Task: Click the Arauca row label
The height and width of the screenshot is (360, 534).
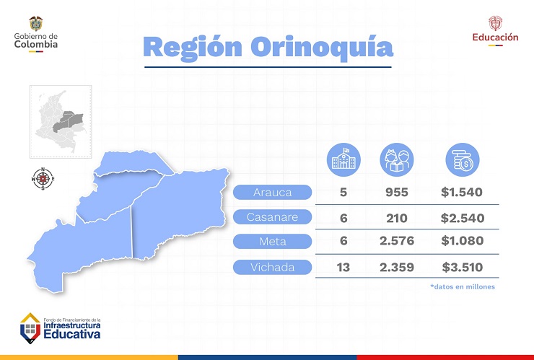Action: pyautogui.click(x=272, y=193)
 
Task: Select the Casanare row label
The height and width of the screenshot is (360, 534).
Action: pyautogui.click(x=272, y=217)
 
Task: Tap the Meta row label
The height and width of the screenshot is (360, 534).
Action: pyautogui.click(x=272, y=241)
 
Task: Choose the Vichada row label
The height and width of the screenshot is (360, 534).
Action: pyautogui.click(x=272, y=268)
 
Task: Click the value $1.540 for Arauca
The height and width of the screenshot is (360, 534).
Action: pyautogui.click(x=462, y=193)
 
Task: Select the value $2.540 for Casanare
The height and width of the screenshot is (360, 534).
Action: pyautogui.click(x=462, y=218)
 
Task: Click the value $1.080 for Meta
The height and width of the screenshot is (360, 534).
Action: pyautogui.click(x=462, y=241)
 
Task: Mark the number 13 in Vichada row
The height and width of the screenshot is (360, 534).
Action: pyautogui.click(x=344, y=268)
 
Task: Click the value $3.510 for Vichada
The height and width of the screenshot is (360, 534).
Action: pyautogui.click(x=462, y=268)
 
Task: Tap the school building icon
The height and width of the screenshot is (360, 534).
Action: pyautogui.click(x=343, y=159)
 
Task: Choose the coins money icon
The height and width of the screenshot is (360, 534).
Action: pyautogui.click(x=461, y=159)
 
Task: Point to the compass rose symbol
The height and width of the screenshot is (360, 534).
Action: pyautogui.click(x=44, y=178)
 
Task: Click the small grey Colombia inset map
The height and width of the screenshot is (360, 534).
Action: pyautogui.click(x=61, y=120)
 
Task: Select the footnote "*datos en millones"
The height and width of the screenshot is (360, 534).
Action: pyautogui.click(x=462, y=286)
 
